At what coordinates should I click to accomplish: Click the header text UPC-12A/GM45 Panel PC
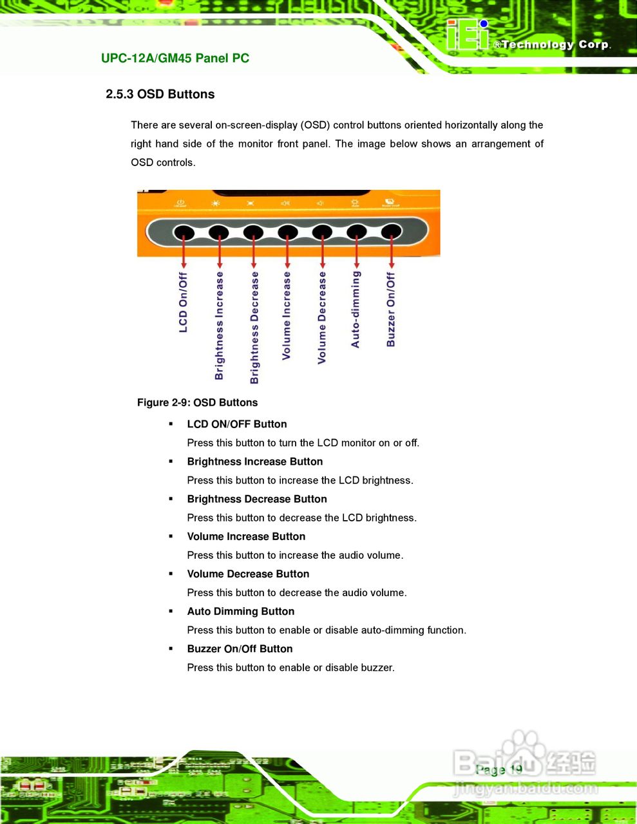pyautogui.click(x=175, y=58)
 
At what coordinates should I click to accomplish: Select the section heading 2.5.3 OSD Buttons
pyautogui.click(x=160, y=94)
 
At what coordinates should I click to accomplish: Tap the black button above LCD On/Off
pyautogui.click(x=184, y=232)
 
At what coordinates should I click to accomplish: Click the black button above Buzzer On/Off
pyautogui.click(x=392, y=232)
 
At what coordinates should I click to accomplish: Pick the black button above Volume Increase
pyautogui.click(x=288, y=232)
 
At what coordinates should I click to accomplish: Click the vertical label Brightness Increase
pyautogui.click(x=220, y=325)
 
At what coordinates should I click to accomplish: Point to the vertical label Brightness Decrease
pyautogui.click(x=254, y=327)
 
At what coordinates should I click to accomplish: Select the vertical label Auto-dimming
pyautogui.click(x=356, y=309)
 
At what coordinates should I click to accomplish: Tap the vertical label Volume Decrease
pyautogui.click(x=322, y=317)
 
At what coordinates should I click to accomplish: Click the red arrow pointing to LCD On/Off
pyautogui.click(x=184, y=252)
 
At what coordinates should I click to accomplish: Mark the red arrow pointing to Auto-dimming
pyautogui.click(x=357, y=252)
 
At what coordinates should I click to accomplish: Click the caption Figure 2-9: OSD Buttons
pyautogui.click(x=197, y=402)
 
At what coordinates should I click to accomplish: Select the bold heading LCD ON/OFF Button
pyautogui.click(x=237, y=424)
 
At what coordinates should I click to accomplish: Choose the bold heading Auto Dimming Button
pyautogui.click(x=241, y=612)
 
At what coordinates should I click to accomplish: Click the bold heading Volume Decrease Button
pyautogui.click(x=248, y=574)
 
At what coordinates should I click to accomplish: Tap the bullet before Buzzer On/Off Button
pyautogui.click(x=171, y=649)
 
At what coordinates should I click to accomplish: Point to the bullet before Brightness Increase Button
pyautogui.click(x=171, y=462)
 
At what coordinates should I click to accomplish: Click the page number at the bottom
pyautogui.click(x=499, y=770)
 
